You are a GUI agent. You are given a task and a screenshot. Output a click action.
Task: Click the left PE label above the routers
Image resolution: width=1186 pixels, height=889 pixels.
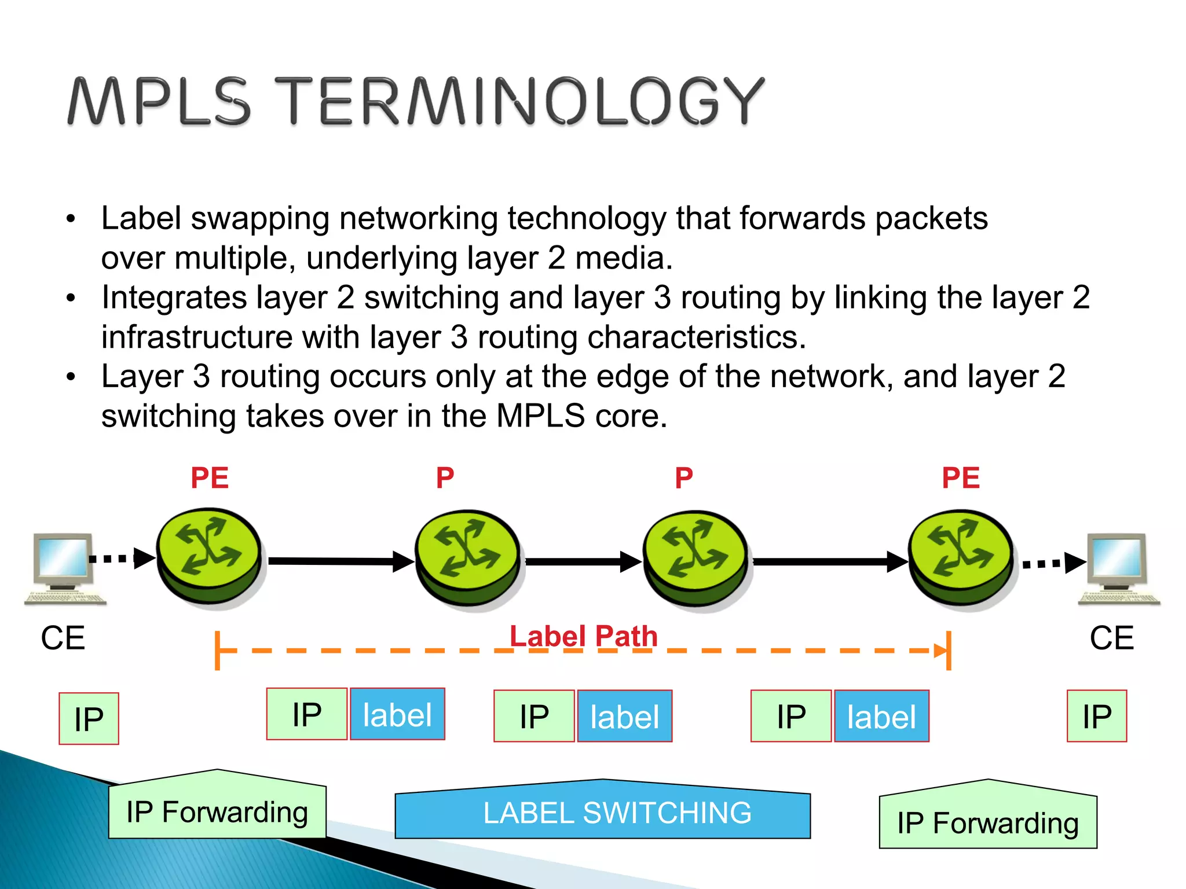[210, 478]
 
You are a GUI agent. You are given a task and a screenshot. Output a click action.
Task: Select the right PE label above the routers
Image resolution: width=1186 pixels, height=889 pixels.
[961, 478]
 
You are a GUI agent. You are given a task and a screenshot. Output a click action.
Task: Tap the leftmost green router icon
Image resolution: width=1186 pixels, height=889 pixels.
[209, 557]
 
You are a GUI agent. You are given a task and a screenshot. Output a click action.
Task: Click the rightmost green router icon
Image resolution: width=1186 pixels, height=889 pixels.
[961, 559]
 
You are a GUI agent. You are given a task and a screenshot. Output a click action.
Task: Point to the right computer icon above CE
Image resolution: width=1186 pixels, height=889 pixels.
[1118, 568]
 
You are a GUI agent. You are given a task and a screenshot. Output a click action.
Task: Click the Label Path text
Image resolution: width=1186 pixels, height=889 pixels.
[583, 636]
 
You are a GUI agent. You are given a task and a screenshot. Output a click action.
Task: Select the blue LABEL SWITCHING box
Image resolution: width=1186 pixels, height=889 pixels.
[602, 811]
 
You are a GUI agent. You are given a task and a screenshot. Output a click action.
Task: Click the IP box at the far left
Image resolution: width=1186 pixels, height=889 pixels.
[89, 719]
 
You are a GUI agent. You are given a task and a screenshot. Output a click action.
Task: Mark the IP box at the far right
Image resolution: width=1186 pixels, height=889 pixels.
[1097, 717]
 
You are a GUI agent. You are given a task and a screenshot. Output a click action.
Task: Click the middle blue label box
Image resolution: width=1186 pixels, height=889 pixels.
[625, 717]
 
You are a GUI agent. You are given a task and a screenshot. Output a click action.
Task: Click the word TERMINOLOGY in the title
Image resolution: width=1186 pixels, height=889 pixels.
[519, 101]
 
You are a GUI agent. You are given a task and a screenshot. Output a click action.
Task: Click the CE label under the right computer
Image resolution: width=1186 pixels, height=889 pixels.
[1111, 638]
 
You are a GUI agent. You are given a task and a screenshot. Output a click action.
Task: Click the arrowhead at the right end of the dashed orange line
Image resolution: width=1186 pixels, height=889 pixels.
[939, 651]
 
